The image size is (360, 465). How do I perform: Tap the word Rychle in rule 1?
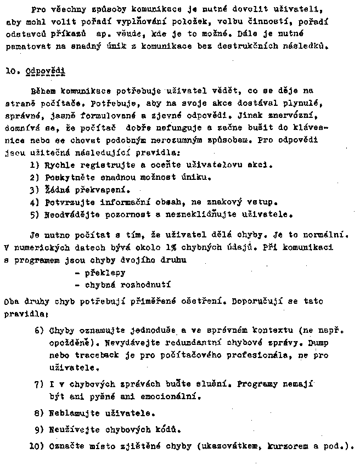point(61,164)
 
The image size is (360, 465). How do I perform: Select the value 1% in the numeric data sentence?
point(178,247)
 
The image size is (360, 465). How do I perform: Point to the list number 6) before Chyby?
point(39,330)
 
